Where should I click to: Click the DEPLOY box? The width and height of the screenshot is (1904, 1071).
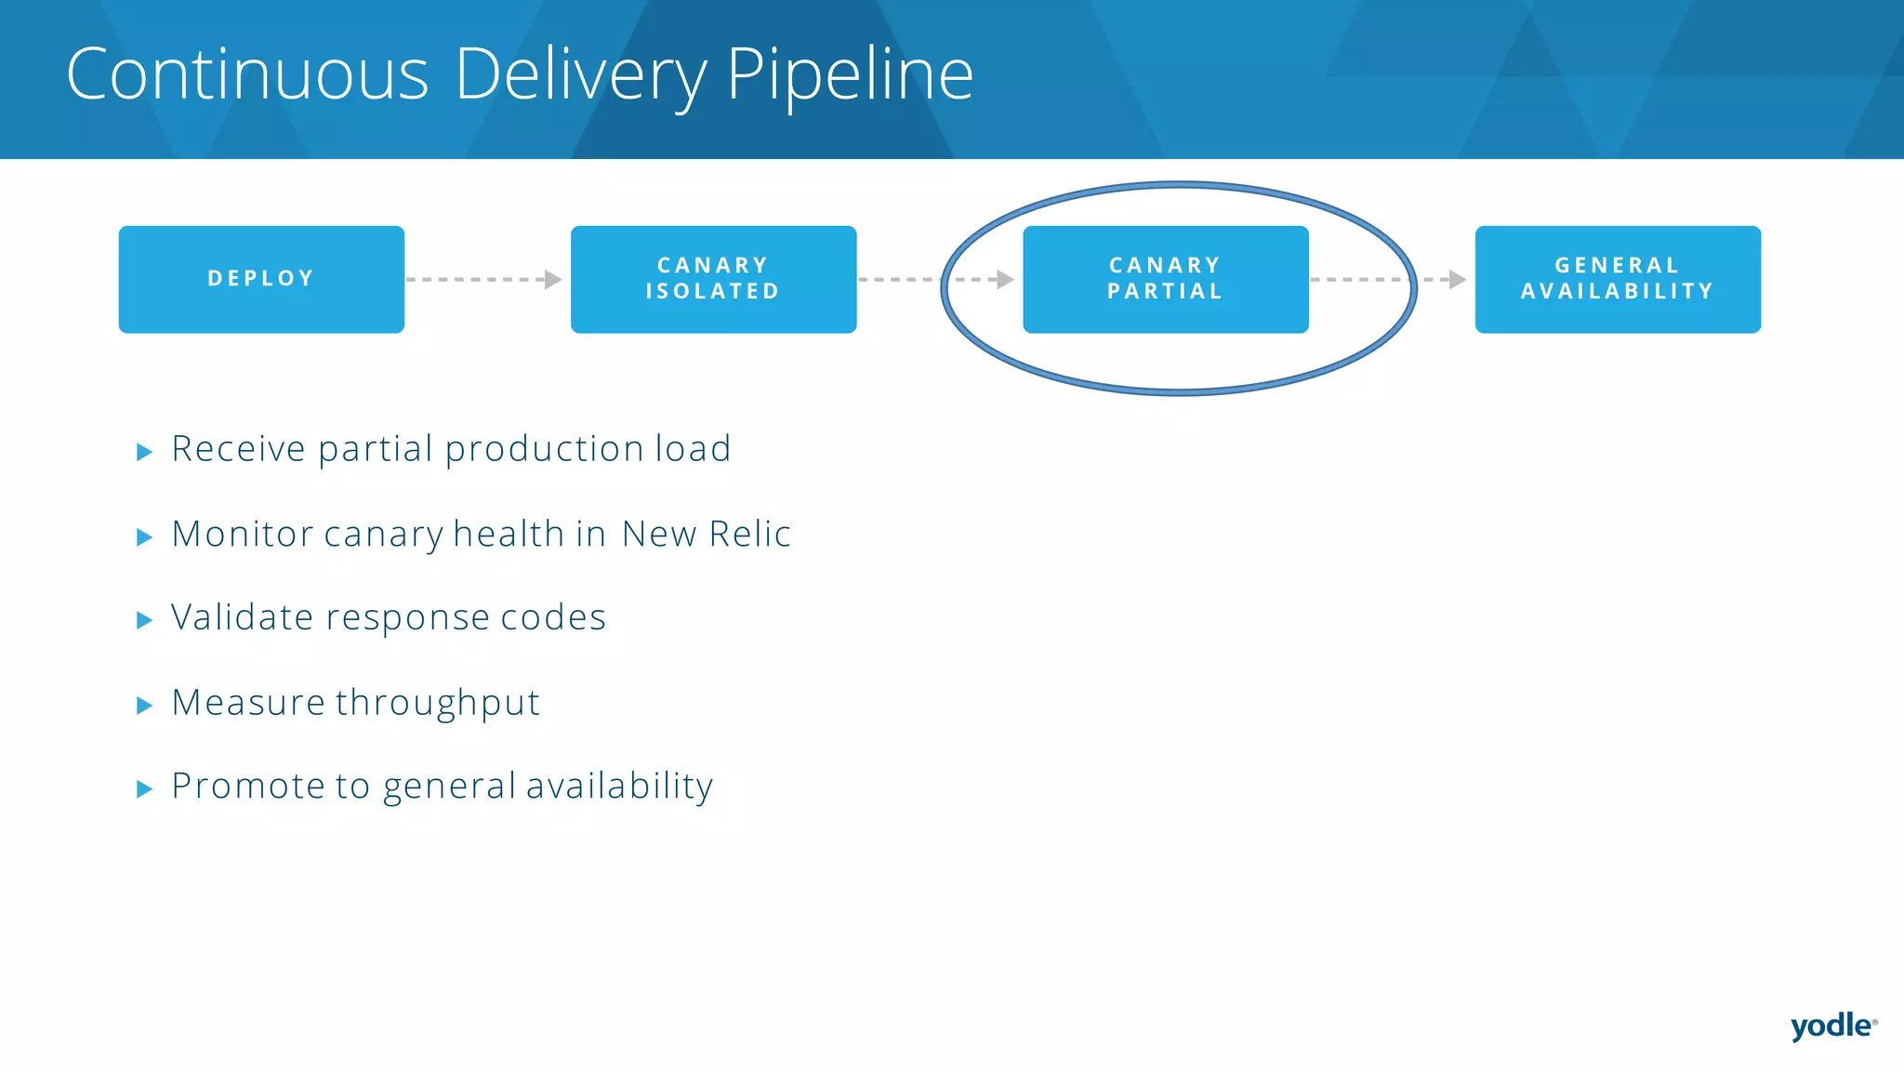tap(261, 279)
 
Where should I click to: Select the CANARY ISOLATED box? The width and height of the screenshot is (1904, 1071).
tap(713, 279)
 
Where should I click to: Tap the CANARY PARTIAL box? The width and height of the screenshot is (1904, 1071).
tap(1165, 279)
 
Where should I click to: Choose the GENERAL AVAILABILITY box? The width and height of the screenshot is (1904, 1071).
tap(1618, 279)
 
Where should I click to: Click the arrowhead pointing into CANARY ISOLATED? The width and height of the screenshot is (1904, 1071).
tap(554, 279)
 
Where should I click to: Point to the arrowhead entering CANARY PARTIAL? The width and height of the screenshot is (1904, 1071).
tap(1005, 279)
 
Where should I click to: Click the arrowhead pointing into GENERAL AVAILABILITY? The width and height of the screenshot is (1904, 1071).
tap(1458, 279)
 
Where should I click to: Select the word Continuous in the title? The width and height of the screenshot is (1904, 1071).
tap(247, 74)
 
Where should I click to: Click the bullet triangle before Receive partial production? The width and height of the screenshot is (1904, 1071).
tap(144, 453)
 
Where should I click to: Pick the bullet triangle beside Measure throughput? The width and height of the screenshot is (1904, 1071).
tap(144, 706)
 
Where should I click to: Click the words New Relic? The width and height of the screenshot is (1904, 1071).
tap(706, 535)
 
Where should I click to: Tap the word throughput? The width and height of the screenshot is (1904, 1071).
tap(437, 704)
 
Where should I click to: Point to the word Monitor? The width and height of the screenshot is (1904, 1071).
tap(242, 535)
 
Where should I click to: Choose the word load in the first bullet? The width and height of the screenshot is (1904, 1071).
tap(693, 449)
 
